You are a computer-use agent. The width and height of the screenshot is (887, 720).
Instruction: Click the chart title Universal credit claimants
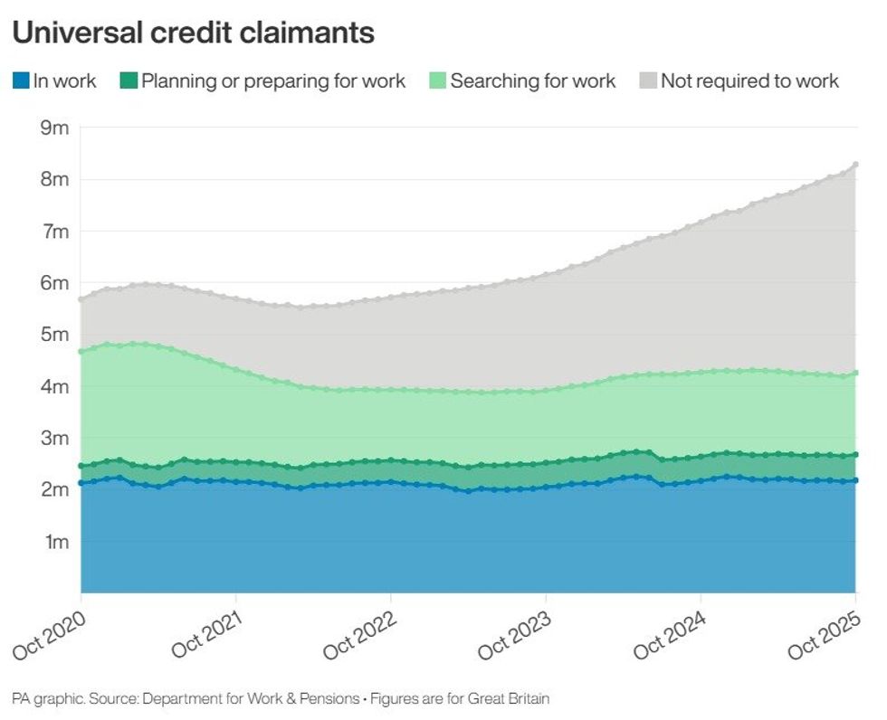tap(193, 33)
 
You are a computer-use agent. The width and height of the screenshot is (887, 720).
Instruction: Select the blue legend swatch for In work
tap(21, 81)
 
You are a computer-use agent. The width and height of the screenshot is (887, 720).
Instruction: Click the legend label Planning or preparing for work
tap(273, 81)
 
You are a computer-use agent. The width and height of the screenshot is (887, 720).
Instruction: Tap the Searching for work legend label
tap(532, 81)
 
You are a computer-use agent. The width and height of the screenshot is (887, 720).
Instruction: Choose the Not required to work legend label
tap(749, 81)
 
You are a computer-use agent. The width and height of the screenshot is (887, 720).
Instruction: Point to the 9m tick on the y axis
tap(54, 128)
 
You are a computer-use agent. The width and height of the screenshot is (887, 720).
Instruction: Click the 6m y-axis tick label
tap(54, 283)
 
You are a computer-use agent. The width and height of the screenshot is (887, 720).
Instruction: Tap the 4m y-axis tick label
tap(54, 387)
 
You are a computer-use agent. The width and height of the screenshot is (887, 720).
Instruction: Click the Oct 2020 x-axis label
tap(52, 635)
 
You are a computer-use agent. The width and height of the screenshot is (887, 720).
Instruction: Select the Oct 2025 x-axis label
tap(826, 635)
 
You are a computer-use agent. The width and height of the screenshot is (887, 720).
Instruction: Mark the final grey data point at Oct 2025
tap(855, 165)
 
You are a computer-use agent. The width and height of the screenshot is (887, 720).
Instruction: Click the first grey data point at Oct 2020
tap(81, 298)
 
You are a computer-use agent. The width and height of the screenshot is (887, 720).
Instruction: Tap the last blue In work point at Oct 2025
tap(855, 480)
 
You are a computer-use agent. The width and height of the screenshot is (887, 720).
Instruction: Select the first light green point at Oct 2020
tap(81, 351)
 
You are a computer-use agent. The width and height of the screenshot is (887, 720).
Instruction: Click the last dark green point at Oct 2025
tap(855, 455)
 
